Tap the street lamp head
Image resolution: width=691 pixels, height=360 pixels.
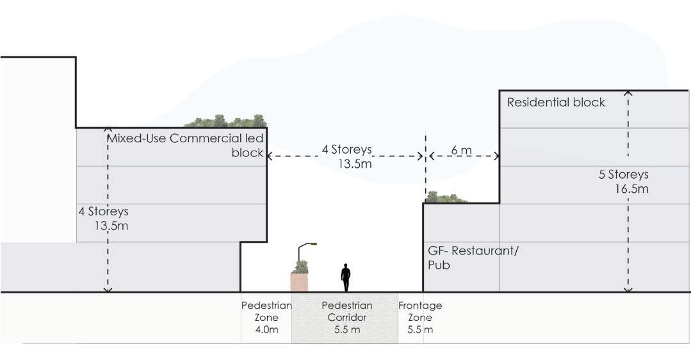click(x=312, y=244)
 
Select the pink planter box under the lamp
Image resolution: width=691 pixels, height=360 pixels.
click(x=299, y=282)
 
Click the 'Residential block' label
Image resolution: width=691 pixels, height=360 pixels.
click(x=556, y=102)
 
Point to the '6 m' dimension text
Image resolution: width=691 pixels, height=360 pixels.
click(x=461, y=150)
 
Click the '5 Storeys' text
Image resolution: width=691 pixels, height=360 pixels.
click(x=624, y=174)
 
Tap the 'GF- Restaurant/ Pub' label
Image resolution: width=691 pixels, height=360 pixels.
click(x=473, y=257)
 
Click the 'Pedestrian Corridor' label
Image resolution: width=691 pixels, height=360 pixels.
click(x=346, y=311)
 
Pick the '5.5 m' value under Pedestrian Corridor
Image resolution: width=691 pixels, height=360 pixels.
click(x=346, y=330)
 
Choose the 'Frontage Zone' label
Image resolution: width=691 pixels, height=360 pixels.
click(x=420, y=311)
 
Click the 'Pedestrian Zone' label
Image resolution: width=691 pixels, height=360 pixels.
click(x=266, y=311)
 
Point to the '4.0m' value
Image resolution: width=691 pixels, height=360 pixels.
click(x=266, y=330)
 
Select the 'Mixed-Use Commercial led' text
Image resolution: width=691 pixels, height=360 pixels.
click(x=185, y=138)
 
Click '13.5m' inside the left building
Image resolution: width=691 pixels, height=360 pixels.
click(x=111, y=225)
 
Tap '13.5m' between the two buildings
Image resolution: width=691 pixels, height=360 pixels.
click(x=355, y=164)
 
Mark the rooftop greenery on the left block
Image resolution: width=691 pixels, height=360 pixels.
click(x=225, y=121)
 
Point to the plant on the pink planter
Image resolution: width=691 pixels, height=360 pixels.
click(x=300, y=266)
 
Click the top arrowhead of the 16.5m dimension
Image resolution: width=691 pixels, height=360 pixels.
click(x=628, y=94)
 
